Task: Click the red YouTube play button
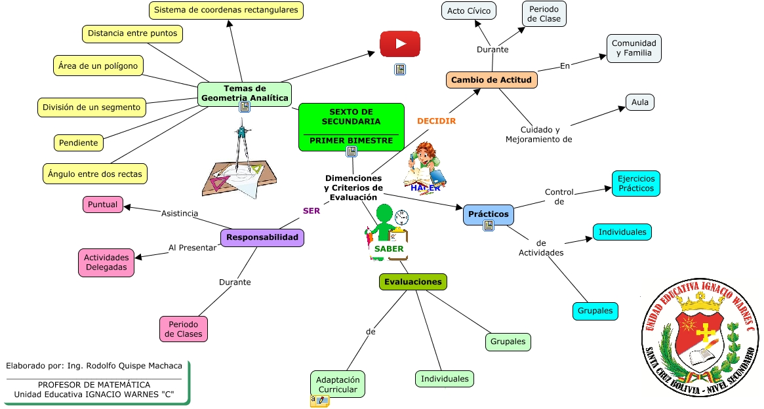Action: (x=400, y=45)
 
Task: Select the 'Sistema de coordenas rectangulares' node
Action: (x=226, y=10)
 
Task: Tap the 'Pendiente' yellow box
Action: (x=78, y=143)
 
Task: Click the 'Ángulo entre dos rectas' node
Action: (x=95, y=174)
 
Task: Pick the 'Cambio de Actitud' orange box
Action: (x=492, y=80)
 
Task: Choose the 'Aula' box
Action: (x=639, y=102)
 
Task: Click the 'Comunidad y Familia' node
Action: (x=633, y=49)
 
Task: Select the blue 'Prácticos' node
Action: (x=489, y=214)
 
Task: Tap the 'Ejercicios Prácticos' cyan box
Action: (x=636, y=184)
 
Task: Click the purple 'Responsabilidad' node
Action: (x=262, y=237)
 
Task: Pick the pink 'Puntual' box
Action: (x=103, y=204)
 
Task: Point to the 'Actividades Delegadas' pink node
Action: (x=106, y=263)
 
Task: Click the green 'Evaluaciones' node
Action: (x=413, y=282)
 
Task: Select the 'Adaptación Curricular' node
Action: (x=338, y=385)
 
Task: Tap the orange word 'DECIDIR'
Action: (x=436, y=121)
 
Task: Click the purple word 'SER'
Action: (x=312, y=211)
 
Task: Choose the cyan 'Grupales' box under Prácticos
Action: (x=595, y=311)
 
